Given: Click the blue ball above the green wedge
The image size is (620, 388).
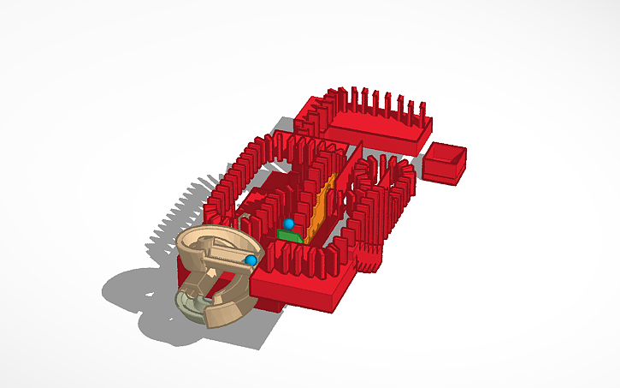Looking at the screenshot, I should point(289,224).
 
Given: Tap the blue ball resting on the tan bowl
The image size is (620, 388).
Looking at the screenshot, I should point(251,260).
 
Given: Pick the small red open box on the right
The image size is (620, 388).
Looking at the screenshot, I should point(446,163).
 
